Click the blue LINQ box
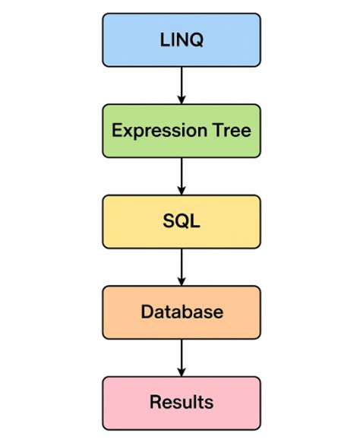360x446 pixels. click(x=181, y=40)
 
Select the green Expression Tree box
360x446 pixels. click(x=181, y=130)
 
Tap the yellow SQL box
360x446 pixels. click(x=181, y=221)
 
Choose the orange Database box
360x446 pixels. click(x=181, y=312)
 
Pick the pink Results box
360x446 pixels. click(x=181, y=402)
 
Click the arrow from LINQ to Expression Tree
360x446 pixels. click(x=181, y=84)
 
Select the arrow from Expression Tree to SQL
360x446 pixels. click(x=181, y=175)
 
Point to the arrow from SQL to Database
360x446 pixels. click(x=181, y=265)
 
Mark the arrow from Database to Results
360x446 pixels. click(x=181, y=356)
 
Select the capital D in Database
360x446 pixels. click(x=146, y=312)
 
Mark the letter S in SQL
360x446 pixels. click(x=168, y=221)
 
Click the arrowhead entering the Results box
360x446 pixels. click(x=181, y=372)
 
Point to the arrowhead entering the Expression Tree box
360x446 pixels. click(x=181, y=99)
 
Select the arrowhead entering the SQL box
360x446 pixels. click(x=181, y=190)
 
